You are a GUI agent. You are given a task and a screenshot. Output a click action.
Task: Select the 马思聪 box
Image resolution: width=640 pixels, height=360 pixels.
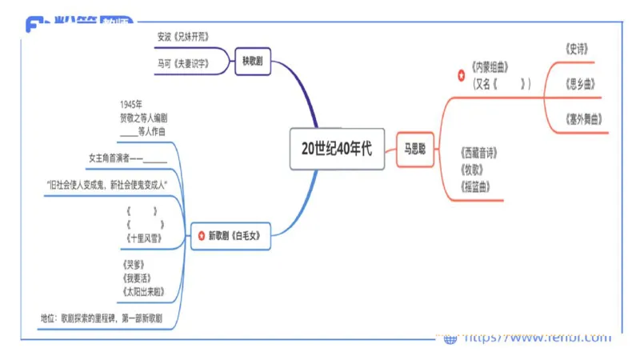[415, 149]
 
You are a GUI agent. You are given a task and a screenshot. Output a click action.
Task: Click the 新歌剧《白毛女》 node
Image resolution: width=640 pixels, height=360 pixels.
[235, 236]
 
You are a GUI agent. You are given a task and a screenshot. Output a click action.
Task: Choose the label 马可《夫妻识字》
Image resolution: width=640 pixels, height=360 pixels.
[184, 62]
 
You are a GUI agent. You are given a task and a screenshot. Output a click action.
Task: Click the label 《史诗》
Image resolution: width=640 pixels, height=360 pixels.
[576, 49]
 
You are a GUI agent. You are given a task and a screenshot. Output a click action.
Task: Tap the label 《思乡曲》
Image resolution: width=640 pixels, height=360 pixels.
[579, 84]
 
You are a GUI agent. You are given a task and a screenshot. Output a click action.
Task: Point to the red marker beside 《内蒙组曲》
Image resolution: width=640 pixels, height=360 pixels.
[460, 75]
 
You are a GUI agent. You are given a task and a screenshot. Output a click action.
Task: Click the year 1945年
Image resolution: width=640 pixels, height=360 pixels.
[131, 104]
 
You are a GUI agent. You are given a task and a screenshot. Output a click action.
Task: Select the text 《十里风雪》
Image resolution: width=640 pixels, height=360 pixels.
[146, 238]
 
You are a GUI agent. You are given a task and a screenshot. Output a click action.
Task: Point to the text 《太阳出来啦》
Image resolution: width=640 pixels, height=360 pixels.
[145, 291]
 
